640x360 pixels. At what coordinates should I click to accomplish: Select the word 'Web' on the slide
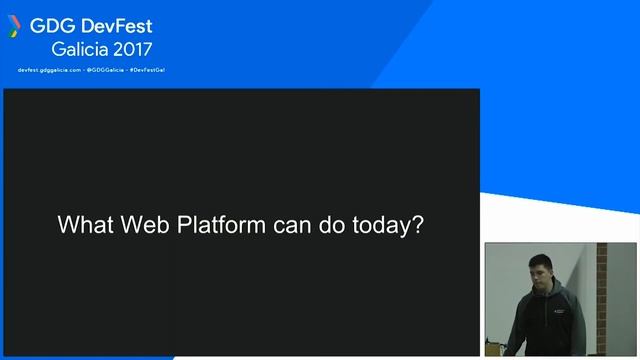pos(146,225)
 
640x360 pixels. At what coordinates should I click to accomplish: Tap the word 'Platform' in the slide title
pos(222,226)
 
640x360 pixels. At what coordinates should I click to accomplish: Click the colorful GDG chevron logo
pos(14,25)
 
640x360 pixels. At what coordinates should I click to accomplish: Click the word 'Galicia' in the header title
pos(82,48)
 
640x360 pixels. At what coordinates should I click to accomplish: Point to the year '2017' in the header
pos(135,48)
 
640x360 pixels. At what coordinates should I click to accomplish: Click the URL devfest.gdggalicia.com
pos(50,70)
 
